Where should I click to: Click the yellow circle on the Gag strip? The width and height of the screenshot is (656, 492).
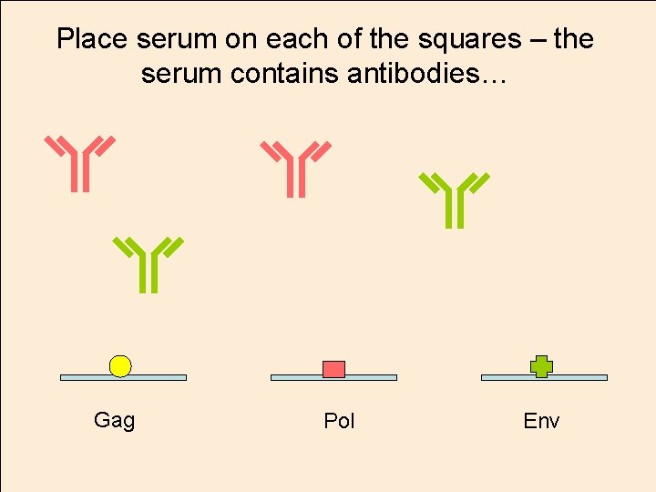(x=120, y=365)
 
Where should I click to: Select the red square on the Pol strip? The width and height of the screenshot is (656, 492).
(x=334, y=368)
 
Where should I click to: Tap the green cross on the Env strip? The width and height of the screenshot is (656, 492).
(x=542, y=365)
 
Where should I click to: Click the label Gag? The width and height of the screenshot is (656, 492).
(x=115, y=420)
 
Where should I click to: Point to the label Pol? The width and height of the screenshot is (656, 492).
(x=339, y=421)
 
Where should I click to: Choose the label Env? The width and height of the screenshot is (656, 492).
(x=541, y=421)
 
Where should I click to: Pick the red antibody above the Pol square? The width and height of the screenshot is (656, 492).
(x=296, y=169)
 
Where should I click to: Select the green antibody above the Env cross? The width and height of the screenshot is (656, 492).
(x=454, y=200)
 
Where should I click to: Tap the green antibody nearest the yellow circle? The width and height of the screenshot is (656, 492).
(x=149, y=264)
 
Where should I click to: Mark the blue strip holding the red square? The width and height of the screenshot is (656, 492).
(x=374, y=377)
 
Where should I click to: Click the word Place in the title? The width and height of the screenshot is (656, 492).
(x=93, y=39)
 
